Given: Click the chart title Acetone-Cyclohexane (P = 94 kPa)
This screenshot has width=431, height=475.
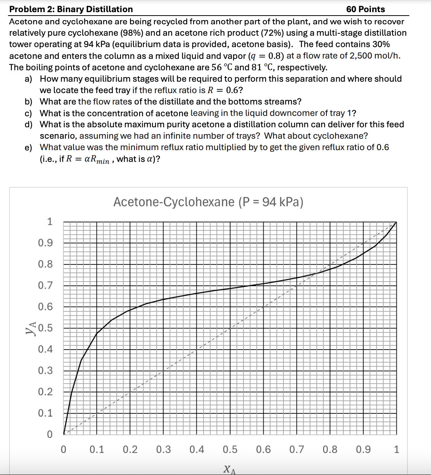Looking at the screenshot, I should [x=208, y=202].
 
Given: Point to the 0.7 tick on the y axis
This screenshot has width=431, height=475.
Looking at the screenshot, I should [x=45, y=285].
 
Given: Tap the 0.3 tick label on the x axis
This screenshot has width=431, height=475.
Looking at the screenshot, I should [x=163, y=450].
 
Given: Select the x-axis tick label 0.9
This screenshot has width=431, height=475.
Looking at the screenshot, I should [x=363, y=450].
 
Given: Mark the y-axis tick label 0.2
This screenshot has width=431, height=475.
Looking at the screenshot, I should [x=45, y=392].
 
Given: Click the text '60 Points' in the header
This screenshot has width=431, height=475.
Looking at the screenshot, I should [x=365, y=9].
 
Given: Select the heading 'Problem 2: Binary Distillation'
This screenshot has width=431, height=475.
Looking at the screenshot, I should [x=71, y=9].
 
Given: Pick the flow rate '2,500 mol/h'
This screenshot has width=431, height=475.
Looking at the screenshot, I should [x=374, y=56].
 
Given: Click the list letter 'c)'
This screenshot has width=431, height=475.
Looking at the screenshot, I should [x=28, y=113].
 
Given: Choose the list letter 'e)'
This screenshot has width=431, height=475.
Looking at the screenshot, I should [x=28, y=147].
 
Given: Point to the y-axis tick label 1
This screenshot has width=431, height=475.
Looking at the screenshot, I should [x=49, y=222].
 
